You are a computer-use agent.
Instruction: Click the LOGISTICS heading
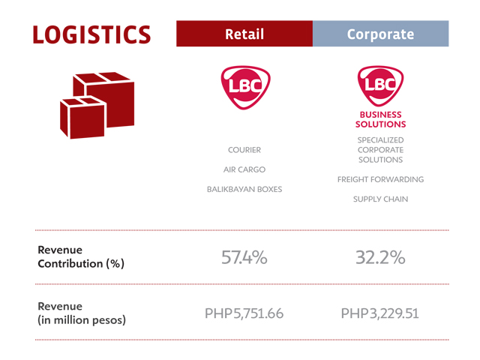tap(91, 34)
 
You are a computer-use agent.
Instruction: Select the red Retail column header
tap(244, 34)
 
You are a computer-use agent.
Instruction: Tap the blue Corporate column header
tap(381, 34)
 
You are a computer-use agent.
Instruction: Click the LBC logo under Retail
tap(245, 88)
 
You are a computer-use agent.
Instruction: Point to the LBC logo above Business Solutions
tap(380, 85)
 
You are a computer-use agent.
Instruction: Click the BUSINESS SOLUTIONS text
tap(380, 119)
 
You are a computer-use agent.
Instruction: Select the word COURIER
tap(244, 150)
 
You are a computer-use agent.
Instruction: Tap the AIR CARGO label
tap(244, 169)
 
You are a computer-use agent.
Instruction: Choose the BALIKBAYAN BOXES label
tap(244, 189)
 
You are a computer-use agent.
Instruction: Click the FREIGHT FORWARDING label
tap(380, 179)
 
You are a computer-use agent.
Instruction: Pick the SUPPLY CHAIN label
tap(380, 199)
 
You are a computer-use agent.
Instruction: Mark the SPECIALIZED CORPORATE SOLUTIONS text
tap(380, 150)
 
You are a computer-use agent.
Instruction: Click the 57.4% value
tap(244, 257)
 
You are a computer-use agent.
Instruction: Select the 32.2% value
tap(380, 257)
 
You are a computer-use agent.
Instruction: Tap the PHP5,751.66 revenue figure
tap(244, 313)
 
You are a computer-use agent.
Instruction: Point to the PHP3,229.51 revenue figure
tap(380, 313)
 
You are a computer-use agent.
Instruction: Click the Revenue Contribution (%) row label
tap(81, 256)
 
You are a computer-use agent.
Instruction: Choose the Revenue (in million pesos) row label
tap(82, 313)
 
